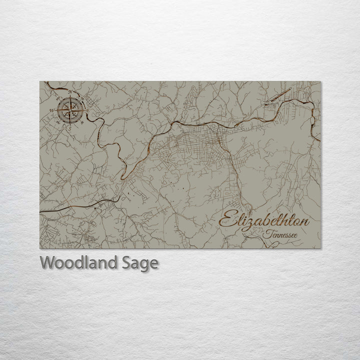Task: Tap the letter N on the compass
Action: pyautogui.click(x=70, y=93)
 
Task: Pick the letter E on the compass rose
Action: pyautogui.click(x=87, y=110)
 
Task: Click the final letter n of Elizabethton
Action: pyautogui.click(x=304, y=222)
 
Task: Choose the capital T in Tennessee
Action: pyautogui.click(x=269, y=233)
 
